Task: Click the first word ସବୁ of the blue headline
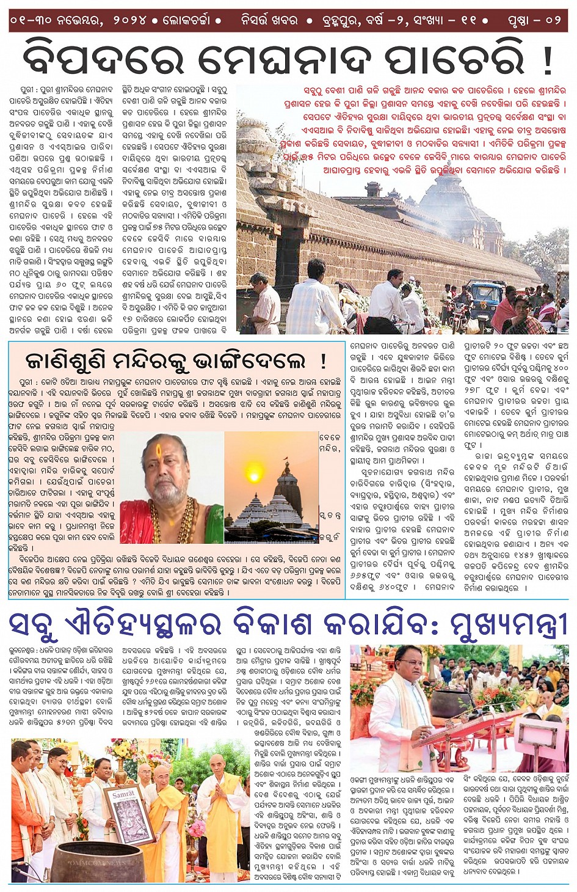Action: click(34, 624)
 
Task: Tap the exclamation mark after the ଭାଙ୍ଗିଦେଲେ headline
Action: click(322, 360)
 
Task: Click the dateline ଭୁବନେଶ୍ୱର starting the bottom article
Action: click(22, 651)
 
